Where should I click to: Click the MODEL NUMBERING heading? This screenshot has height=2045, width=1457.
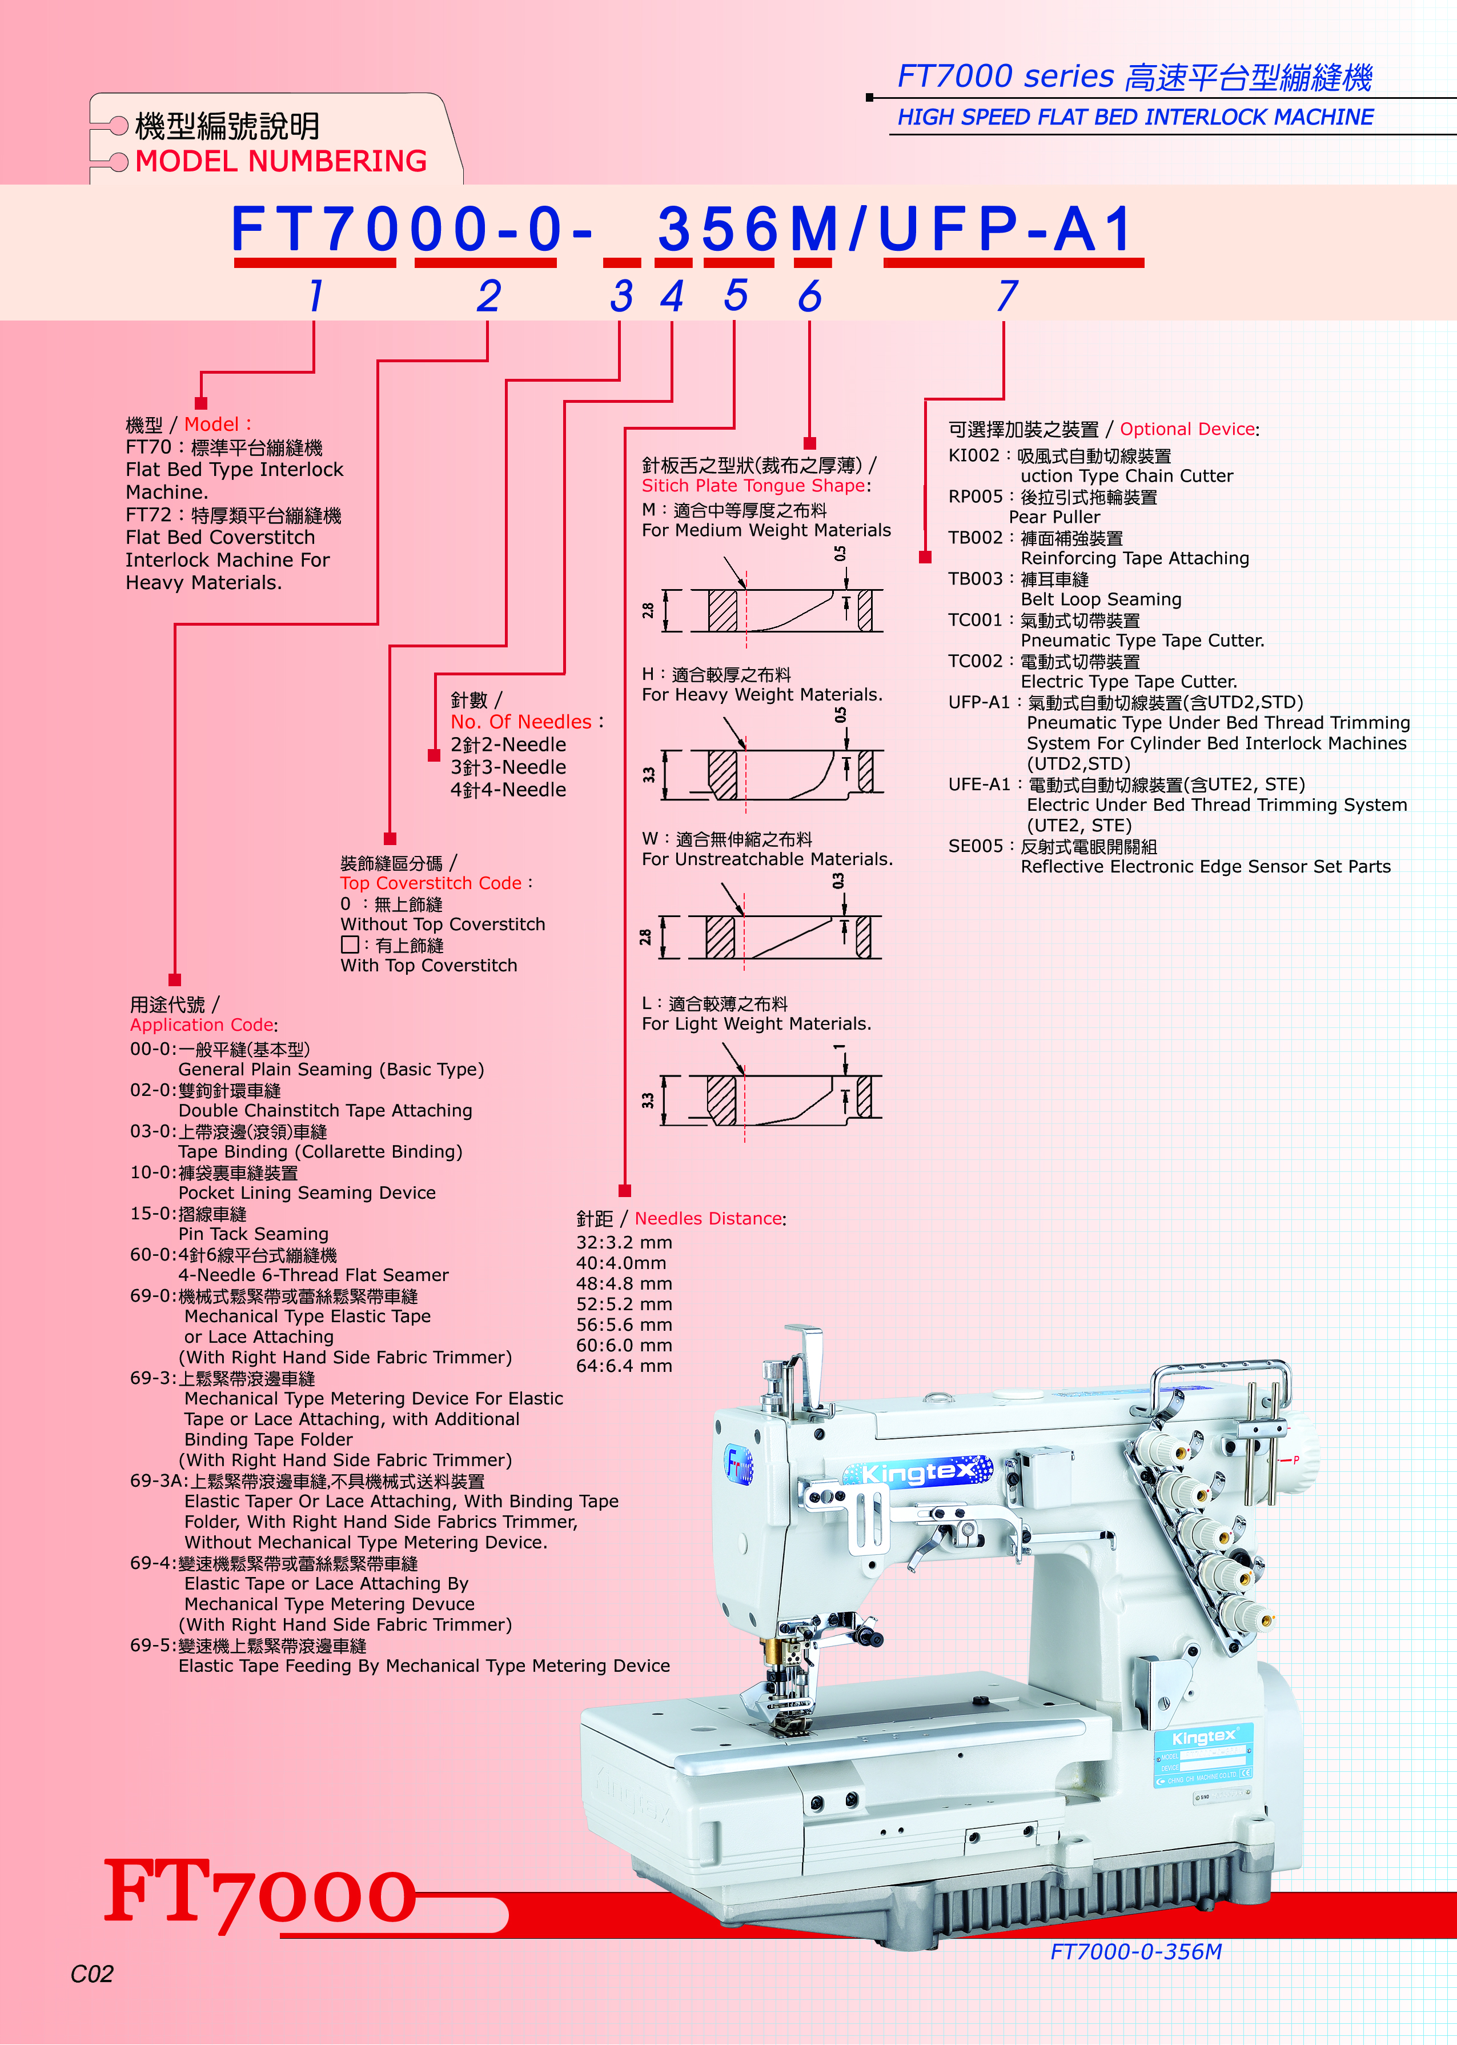pos(281,162)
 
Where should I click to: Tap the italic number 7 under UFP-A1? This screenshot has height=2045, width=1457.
pos(1006,295)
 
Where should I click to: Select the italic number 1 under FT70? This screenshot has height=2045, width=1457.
pos(315,295)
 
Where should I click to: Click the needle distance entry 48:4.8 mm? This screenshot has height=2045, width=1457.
pos(624,1284)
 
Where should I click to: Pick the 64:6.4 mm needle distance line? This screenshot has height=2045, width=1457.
pos(624,1366)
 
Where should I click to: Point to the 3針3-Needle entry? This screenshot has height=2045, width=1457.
pos(508,767)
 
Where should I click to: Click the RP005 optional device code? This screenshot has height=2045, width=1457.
pos(975,497)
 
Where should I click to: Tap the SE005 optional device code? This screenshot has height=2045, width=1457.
pos(975,846)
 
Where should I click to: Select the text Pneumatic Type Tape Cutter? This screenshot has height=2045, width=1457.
pos(1142,641)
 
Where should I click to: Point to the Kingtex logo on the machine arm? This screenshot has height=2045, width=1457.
pos(917,1472)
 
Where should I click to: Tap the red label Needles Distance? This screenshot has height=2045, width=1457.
pos(708,1219)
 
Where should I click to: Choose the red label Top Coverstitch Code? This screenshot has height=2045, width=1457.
pos(431,883)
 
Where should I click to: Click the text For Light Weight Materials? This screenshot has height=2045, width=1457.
pos(756,1024)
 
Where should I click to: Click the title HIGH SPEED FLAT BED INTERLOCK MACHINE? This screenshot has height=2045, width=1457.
pos(1135,118)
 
